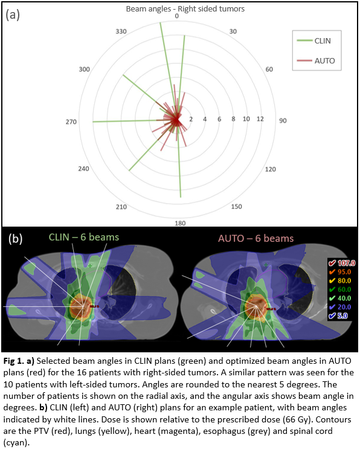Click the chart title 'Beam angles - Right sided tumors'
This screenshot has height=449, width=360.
185,9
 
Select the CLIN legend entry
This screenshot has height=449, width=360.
314,41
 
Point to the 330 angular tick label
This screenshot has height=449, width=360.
121,31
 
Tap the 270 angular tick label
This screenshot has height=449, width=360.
71,122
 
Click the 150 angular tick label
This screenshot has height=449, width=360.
236,207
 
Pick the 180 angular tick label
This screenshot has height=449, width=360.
180,224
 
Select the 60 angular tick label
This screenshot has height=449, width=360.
269,69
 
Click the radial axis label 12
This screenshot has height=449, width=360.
260,119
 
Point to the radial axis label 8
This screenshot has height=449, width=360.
233,119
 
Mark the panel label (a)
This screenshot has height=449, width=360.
13,15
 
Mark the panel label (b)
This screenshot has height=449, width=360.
16,239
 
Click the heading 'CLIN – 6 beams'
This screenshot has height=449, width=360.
83,237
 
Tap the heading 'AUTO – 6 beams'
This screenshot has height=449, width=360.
256,239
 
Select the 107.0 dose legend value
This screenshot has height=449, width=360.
346,263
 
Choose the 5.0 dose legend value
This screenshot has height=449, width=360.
342,316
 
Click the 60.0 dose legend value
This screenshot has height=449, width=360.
344,289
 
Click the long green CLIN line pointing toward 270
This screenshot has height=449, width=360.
135,121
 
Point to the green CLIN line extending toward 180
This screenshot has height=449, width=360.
179,159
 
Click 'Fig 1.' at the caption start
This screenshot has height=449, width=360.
14,361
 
